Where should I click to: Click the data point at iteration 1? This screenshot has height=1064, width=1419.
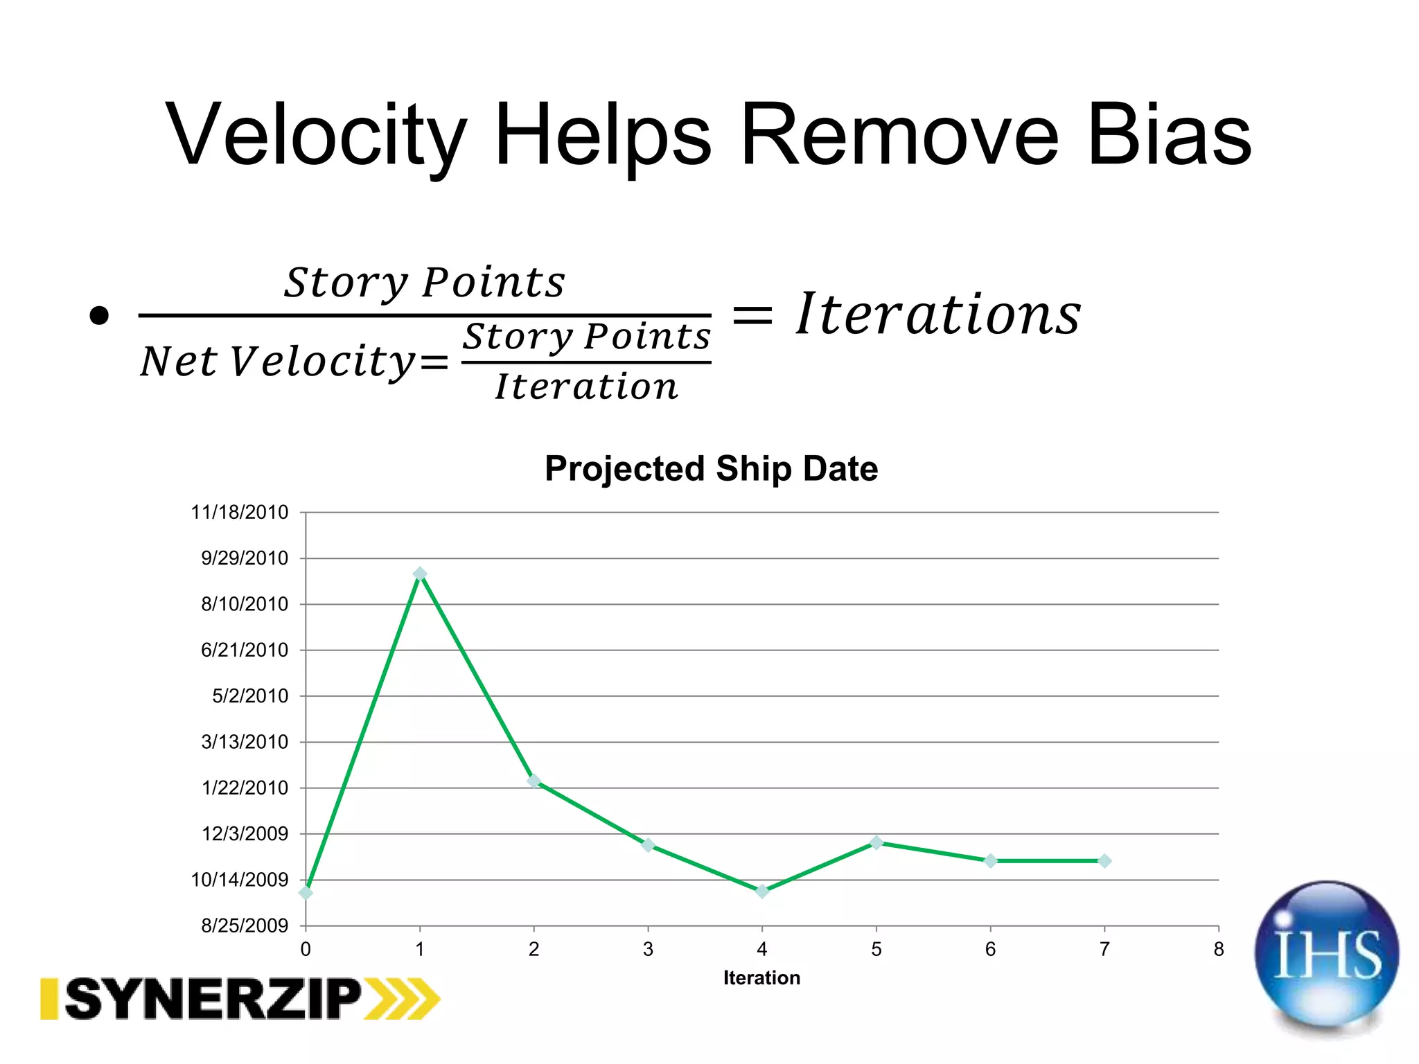[420, 574]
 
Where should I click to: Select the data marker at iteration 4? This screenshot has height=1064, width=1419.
[762, 891]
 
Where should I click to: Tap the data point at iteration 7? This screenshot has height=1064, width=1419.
[1104, 861]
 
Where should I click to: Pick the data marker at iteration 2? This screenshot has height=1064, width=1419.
[534, 781]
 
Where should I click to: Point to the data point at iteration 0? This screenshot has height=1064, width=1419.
[306, 893]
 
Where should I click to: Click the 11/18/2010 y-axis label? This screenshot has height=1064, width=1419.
[239, 513]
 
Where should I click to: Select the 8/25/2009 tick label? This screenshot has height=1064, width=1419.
[244, 925]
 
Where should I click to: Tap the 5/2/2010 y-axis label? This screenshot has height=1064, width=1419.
[249, 696]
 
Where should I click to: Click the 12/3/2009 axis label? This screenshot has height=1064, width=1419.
[244, 834]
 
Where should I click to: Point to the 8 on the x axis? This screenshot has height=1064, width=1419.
[1219, 949]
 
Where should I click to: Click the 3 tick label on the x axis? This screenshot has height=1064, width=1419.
[648, 949]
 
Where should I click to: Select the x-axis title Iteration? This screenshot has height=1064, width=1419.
[761, 978]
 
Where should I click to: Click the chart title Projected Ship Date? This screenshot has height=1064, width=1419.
[711, 469]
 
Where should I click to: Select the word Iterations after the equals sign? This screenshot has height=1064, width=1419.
[938, 315]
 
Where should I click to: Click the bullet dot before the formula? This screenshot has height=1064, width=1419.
[99, 316]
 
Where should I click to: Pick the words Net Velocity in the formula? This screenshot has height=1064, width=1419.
[277, 362]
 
